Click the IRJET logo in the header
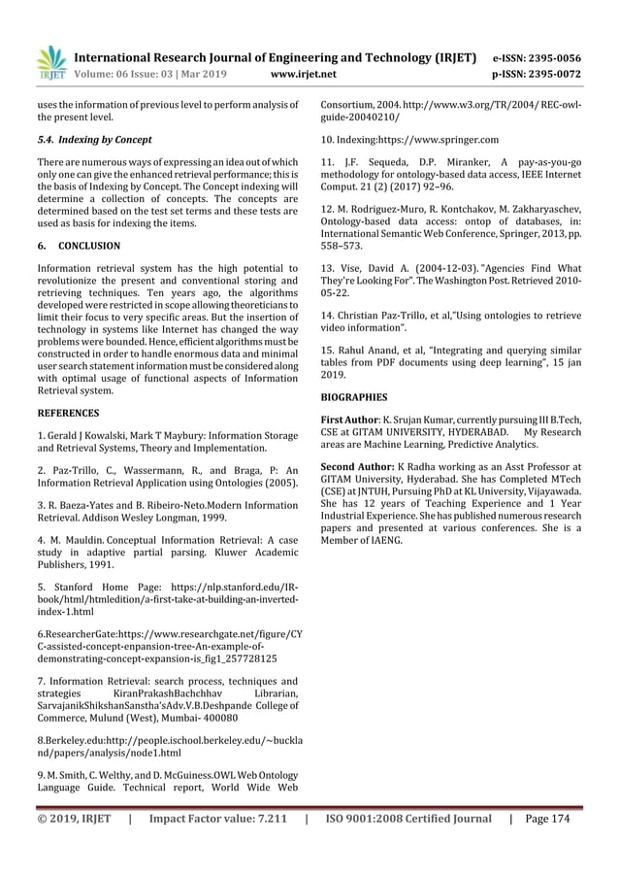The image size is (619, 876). coord(49,61)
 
